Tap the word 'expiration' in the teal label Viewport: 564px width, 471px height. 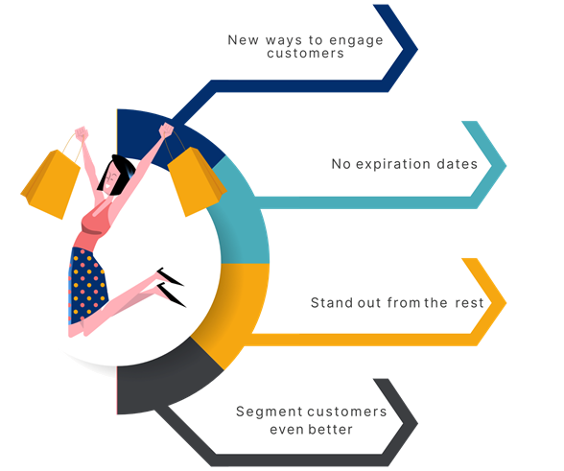393,164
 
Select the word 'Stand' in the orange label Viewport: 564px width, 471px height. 332,302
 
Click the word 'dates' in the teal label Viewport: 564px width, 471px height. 457,164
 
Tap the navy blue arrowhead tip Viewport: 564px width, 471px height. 417,49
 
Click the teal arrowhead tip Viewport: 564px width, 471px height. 506,166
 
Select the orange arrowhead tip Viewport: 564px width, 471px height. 506,302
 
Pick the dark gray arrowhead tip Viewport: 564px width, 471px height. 417,423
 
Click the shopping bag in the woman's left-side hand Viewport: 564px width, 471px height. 50,183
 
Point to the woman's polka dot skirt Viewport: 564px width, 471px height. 87,284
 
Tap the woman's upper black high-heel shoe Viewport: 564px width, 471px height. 170,277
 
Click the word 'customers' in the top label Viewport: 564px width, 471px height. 305,54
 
